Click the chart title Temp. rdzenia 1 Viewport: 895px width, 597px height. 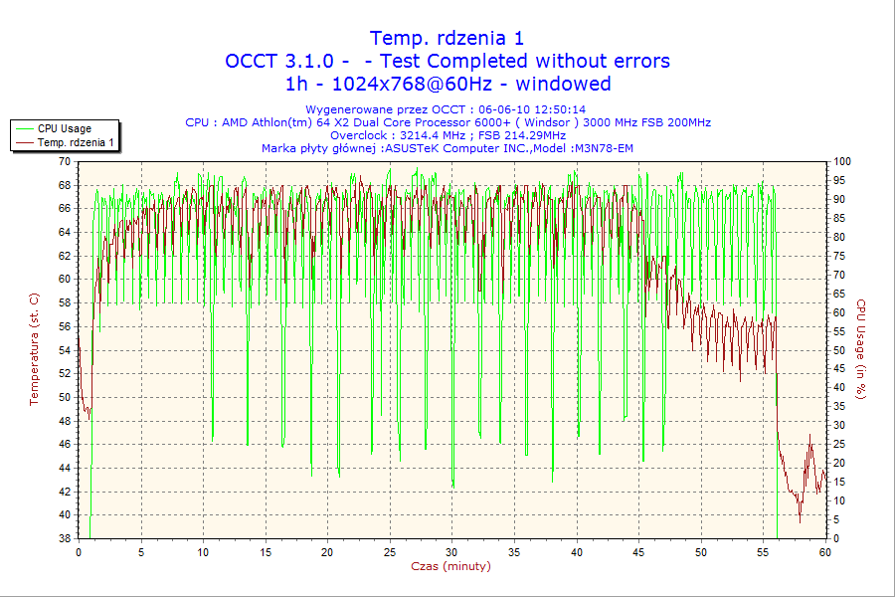(x=447, y=38)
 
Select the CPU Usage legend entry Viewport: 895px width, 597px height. (x=64, y=128)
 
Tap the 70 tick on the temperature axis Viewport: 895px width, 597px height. (x=65, y=161)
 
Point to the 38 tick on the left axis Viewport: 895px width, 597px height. (x=65, y=538)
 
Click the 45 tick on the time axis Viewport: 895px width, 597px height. (x=639, y=551)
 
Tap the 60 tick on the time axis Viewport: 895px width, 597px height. (x=824, y=551)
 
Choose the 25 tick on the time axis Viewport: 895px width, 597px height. (x=390, y=551)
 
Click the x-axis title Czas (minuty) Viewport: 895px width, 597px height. (x=450, y=566)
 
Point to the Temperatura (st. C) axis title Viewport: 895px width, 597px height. (x=34, y=349)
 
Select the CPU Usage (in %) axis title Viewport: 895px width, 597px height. (x=861, y=349)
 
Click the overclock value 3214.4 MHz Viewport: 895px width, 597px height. (x=439, y=135)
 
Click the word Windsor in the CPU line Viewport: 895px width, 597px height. (x=543, y=122)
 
